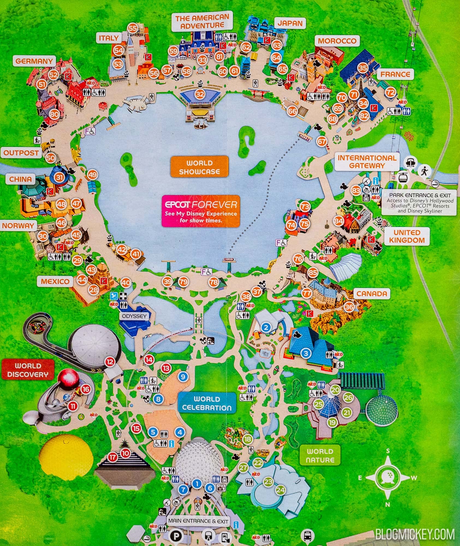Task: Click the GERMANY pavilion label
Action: (34, 61)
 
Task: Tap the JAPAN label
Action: (290, 23)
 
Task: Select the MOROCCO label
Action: (337, 41)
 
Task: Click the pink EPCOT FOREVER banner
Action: (201, 211)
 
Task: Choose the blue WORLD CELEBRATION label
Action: (207, 403)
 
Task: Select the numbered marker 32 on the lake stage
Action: (200, 94)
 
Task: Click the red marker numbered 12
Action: (110, 362)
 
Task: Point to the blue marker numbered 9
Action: (183, 377)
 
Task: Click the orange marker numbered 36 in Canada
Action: (349, 307)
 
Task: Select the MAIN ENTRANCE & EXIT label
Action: (198, 521)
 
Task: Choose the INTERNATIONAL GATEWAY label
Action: (367, 162)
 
